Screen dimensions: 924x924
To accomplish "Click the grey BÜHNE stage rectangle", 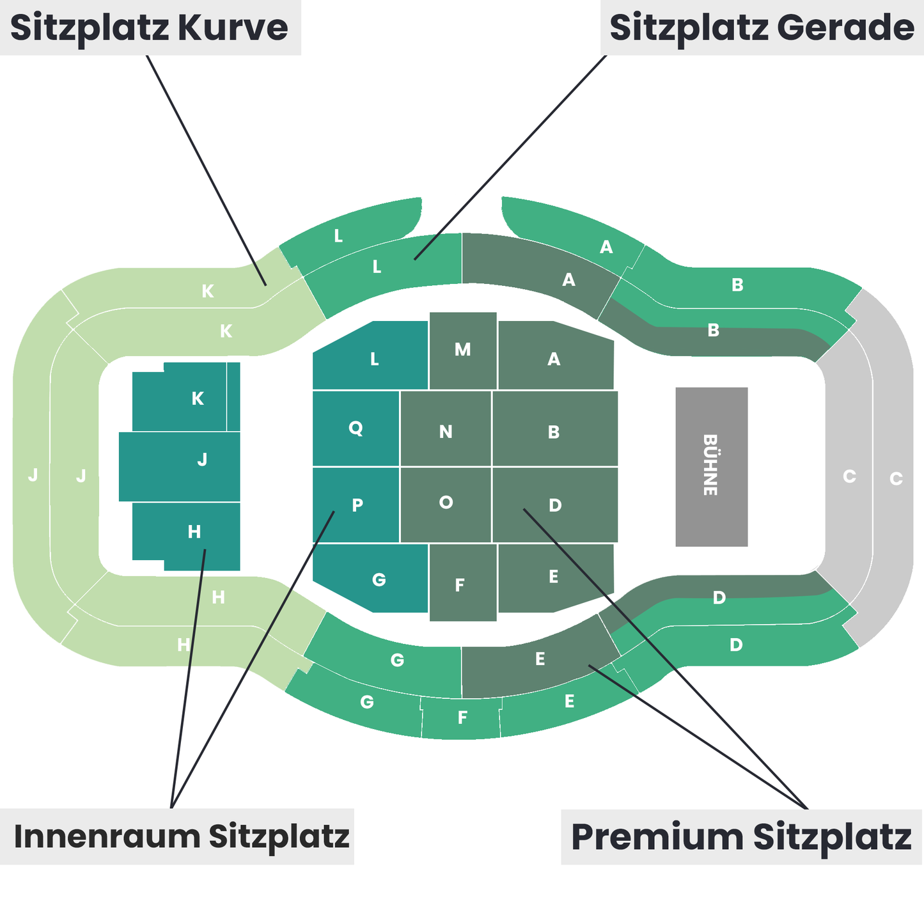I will click(x=711, y=466).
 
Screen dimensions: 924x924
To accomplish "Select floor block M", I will click(x=463, y=350).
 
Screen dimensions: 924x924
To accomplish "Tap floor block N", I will click(x=446, y=429).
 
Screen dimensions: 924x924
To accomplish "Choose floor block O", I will click(x=446, y=505).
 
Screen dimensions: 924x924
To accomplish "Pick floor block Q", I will click(x=356, y=428).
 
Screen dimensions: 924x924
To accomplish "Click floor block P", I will click(x=356, y=505).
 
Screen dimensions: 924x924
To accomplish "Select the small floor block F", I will click(x=463, y=583).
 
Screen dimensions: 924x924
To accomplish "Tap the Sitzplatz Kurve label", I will click(x=150, y=27).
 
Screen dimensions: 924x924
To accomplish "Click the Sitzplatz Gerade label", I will click(x=762, y=27).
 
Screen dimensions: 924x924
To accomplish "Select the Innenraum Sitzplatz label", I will click(x=181, y=836).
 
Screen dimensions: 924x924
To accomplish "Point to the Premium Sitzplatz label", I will click(x=741, y=836).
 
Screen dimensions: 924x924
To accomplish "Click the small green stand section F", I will click(x=461, y=718).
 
